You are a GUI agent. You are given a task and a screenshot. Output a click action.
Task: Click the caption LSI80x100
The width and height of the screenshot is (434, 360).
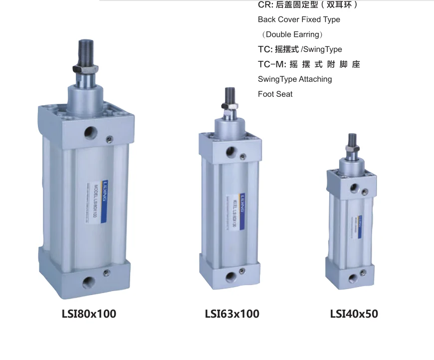[88, 314]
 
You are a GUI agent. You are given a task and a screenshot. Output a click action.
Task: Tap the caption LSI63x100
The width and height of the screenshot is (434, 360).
[232, 314]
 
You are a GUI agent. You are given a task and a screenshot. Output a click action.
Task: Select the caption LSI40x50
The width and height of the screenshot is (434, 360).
[354, 314]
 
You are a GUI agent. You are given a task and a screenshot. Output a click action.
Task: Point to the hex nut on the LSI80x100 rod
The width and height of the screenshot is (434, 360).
[83, 68]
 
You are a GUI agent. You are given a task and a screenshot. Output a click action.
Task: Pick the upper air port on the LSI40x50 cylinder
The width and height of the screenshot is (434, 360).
[355, 187]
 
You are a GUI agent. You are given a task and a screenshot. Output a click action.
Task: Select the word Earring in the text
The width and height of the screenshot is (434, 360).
[306, 34]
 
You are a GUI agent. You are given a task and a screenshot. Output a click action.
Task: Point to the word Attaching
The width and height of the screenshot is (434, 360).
[315, 79]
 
